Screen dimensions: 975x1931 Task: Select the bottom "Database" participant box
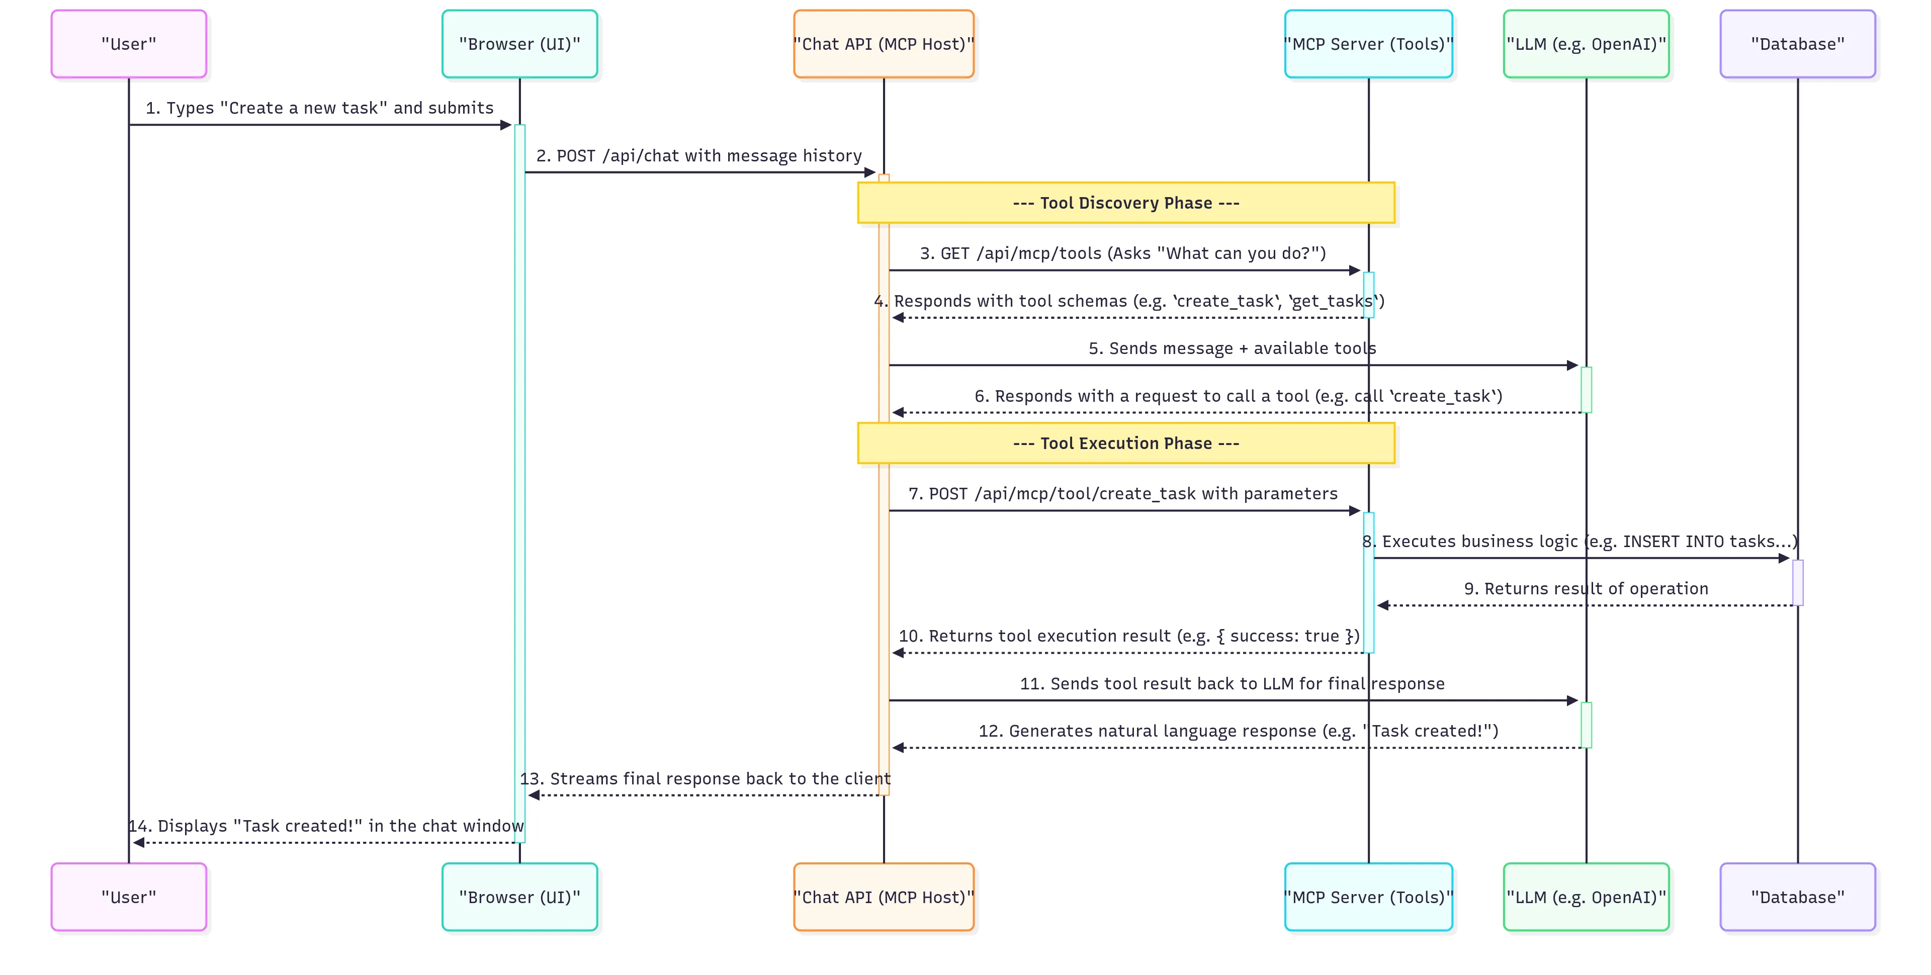point(1797,897)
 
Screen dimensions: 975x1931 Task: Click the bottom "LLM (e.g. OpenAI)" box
point(1586,897)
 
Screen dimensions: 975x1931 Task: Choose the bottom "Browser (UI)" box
point(519,897)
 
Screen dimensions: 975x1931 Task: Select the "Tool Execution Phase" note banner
point(1126,443)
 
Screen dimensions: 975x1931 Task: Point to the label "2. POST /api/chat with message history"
point(698,156)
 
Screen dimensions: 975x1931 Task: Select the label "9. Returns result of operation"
point(1586,588)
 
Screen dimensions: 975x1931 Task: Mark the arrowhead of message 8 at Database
point(1784,558)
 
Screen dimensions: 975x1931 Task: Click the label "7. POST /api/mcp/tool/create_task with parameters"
point(1122,493)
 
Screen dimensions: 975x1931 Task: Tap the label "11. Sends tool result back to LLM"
point(1231,683)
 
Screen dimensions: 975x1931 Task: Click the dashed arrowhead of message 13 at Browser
point(534,795)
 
